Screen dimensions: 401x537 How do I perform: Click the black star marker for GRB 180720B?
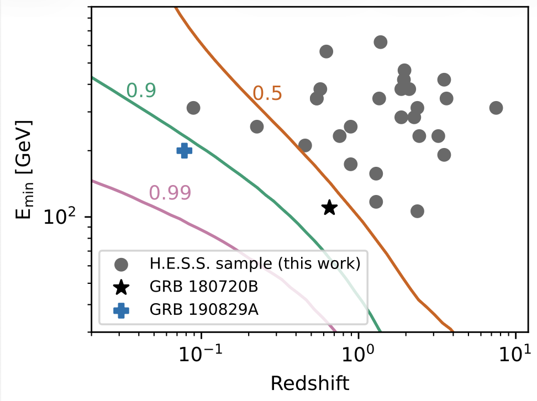point(330,208)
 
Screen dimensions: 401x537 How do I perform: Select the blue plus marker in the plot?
point(184,150)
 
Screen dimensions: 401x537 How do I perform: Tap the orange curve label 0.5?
point(267,94)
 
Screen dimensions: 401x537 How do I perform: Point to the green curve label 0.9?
point(141,90)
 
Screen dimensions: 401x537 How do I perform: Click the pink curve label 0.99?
point(170,192)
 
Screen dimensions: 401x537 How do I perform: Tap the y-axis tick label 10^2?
point(60,217)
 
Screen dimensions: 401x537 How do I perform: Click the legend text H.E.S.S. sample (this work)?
point(255,264)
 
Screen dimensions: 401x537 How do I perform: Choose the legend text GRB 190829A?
point(196,310)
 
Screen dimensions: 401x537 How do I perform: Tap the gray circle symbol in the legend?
point(121,265)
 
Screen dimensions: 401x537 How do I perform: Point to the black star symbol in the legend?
point(121,287)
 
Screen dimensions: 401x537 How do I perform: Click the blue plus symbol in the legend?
point(121,310)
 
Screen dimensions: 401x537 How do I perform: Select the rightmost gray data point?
point(496,108)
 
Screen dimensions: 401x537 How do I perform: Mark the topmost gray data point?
point(380,42)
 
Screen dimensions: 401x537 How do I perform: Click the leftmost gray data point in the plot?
point(193,108)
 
